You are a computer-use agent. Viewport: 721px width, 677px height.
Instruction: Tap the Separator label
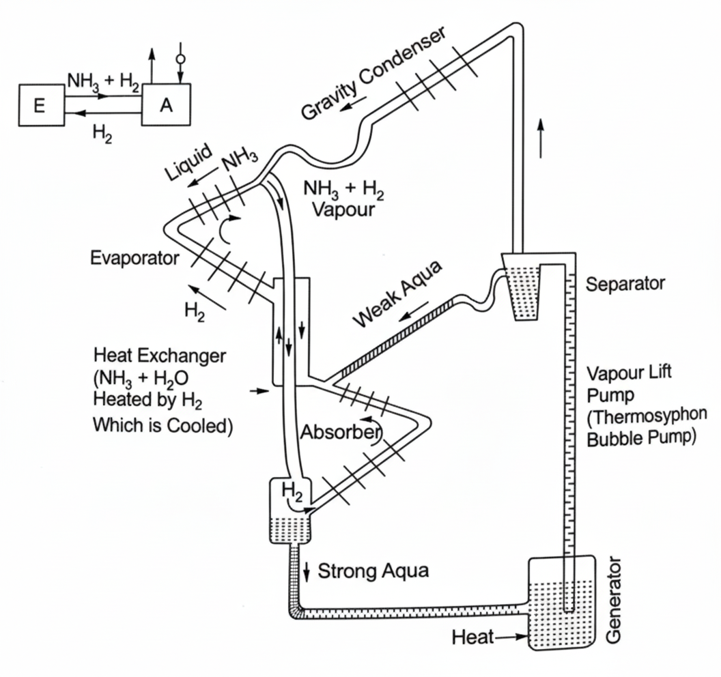tap(625, 284)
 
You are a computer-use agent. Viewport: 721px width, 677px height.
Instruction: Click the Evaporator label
tap(135, 258)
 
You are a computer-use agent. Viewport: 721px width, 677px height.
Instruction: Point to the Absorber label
tap(341, 432)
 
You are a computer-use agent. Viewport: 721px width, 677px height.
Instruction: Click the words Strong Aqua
tap(373, 571)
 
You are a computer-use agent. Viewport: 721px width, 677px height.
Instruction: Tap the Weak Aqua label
tap(398, 294)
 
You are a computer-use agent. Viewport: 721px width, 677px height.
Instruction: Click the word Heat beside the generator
tap(472, 637)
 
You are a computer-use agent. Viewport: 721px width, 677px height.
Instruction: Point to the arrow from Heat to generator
tap(511, 637)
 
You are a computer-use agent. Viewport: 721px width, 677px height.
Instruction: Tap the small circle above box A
tap(181, 59)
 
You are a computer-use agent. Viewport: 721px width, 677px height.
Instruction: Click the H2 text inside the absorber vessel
tap(292, 492)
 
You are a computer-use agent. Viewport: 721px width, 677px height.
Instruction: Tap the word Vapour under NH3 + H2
tap(343, 210)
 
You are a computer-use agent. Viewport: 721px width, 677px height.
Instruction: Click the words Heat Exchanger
tap(160, 356)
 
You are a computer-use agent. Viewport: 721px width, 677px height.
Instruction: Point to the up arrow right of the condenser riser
tap(541, 138)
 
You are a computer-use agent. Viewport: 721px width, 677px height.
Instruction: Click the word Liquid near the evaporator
tap(188, 162)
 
